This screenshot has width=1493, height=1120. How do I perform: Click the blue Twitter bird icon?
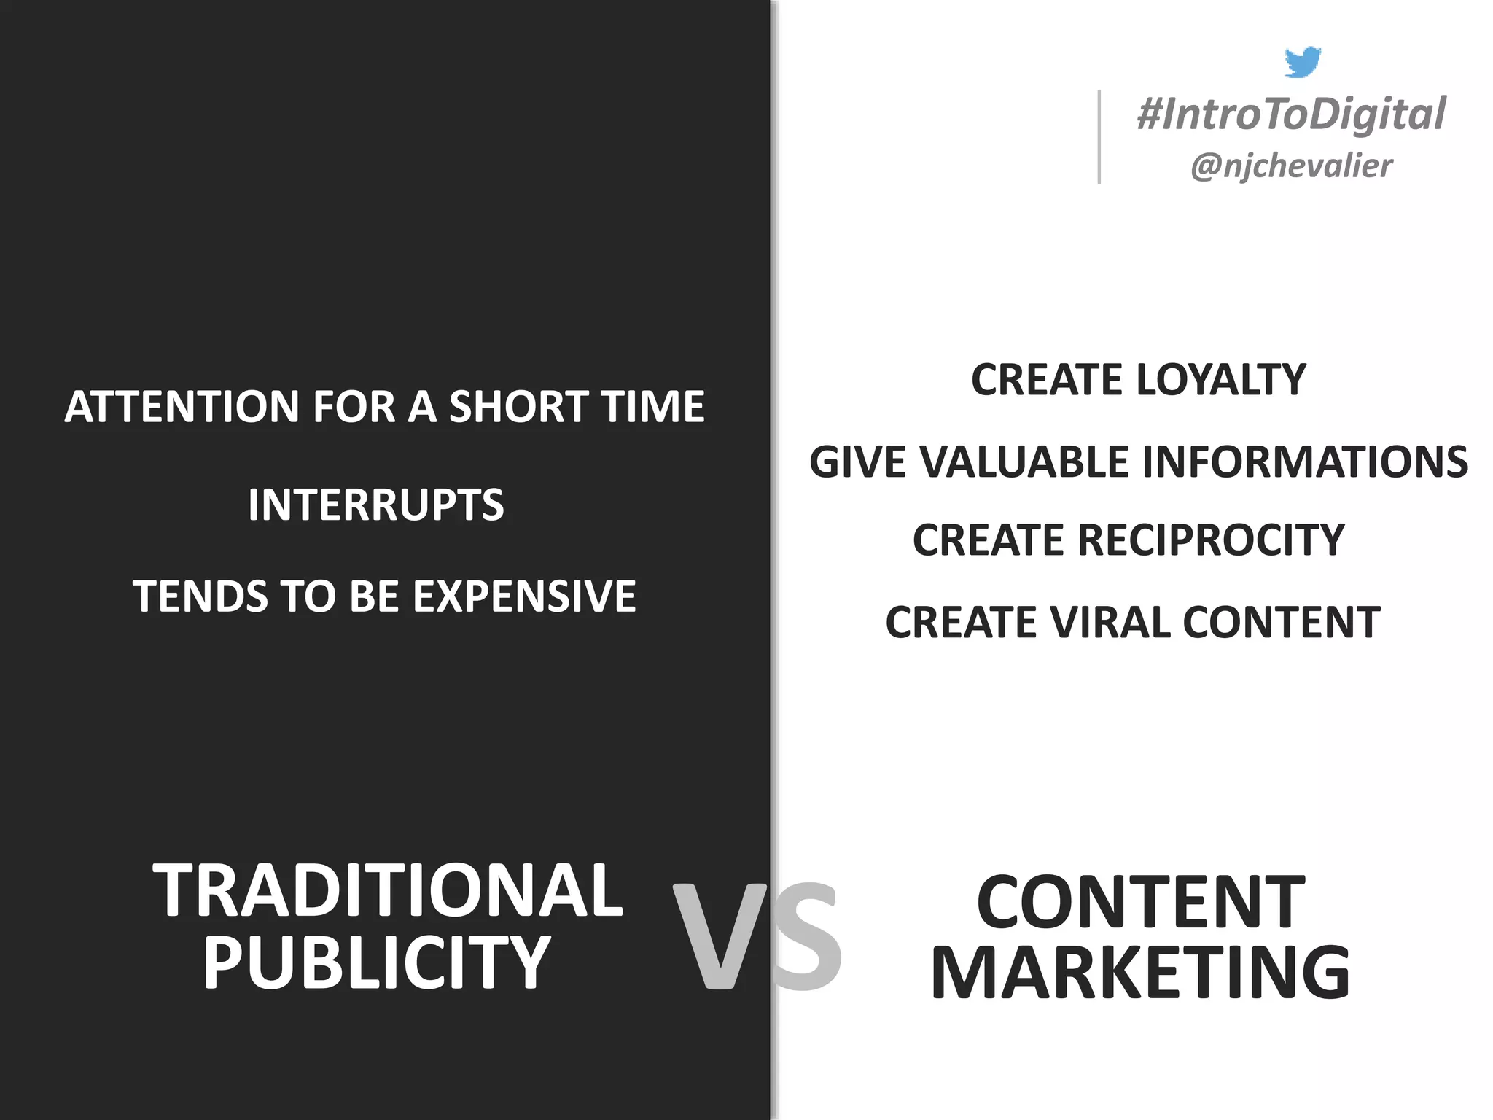[x=1303, y=62]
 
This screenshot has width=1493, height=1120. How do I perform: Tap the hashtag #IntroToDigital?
[x=1291, y=114]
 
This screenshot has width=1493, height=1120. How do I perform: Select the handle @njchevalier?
[x=1291, y=166]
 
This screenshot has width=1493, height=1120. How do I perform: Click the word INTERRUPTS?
[x=375, y=505]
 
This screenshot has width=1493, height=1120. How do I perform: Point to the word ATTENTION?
[x=182, y=406]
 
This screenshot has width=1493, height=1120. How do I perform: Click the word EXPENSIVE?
[x=524, y=596]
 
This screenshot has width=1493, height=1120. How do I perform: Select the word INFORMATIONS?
[x=1304, y=462]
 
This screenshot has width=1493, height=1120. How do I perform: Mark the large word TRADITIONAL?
[x=387, y=890]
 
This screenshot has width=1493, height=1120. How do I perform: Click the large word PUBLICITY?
[x=376, y=963]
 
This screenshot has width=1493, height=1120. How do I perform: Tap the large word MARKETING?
[x=1140, y=973]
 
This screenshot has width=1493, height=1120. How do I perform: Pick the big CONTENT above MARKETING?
[x=1140, y=902]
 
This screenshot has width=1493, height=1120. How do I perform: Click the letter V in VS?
[x=719, y=937]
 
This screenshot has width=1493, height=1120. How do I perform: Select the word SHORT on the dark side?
[x=507, y=406]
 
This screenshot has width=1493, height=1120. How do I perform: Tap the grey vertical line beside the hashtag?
[x=1099, y=136]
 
